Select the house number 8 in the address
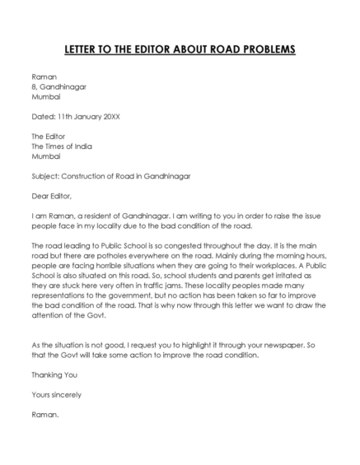click(x=33, y=86)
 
